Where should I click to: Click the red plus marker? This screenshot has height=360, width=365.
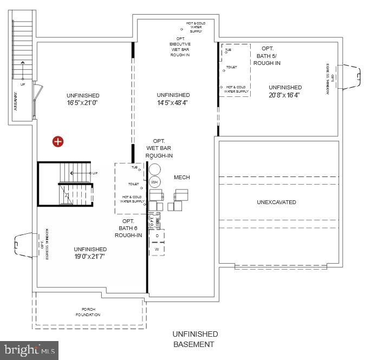tap(58, 142)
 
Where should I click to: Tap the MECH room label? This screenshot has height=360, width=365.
tap(182, 178)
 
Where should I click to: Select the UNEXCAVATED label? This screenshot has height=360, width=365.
tap(276, 202)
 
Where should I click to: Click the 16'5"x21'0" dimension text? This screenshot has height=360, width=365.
tap(83, 102)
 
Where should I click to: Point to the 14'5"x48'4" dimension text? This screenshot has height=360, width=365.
tap(173, 102)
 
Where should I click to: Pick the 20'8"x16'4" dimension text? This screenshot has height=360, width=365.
tap(284, 95)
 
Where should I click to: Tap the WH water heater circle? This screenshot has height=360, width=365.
tap(154, 181)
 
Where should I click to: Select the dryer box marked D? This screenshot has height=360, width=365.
tap(157, 235)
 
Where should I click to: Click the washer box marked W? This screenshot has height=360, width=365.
tap(157, 249)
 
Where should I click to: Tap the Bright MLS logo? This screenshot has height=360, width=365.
tap(29, 350)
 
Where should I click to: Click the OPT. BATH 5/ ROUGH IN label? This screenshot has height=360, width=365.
tap(267, 56)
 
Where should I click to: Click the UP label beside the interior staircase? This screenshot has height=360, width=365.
tap(95, 173)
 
